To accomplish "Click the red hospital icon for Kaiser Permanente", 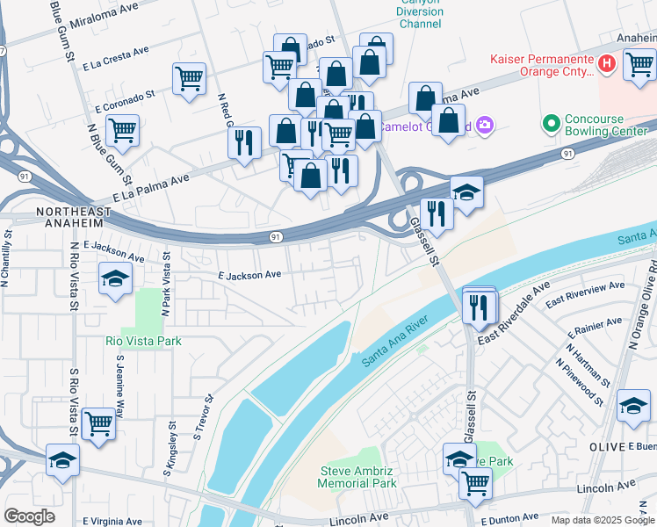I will pyautogui.click(x=605, y=63).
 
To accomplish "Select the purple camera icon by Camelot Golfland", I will pyautogui.click(x=485, y=126).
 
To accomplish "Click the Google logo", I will pyautogui.click(x=29, y=516).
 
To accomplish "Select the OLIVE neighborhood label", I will pyautogui.click(x=605, y=446).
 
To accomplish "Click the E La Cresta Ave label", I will pyautogui.click(x=115, y=60).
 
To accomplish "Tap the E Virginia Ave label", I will pyautogui.click(x=112, y=521).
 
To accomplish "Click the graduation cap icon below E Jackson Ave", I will pyautogui.click(x=114, y=279).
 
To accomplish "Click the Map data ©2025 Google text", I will pyautogui.click(x=602, y=520).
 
